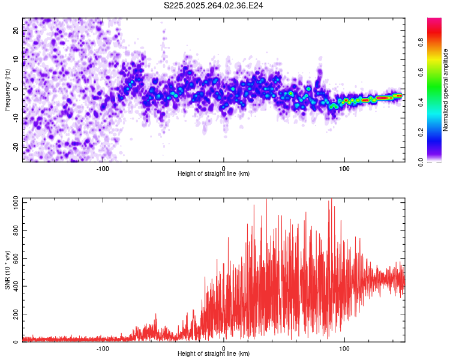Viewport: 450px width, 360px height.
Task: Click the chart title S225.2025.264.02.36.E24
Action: click(214, 5)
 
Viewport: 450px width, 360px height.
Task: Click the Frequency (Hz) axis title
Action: click(7, 89)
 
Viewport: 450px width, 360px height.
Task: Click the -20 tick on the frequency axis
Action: click(16, 146)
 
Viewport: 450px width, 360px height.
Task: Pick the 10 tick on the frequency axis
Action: click(16, 59)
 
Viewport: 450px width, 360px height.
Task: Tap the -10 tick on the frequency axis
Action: click(16, 118)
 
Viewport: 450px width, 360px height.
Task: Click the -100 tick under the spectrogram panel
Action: click(103, 169)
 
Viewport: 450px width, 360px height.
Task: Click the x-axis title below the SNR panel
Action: click(214, 354)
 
